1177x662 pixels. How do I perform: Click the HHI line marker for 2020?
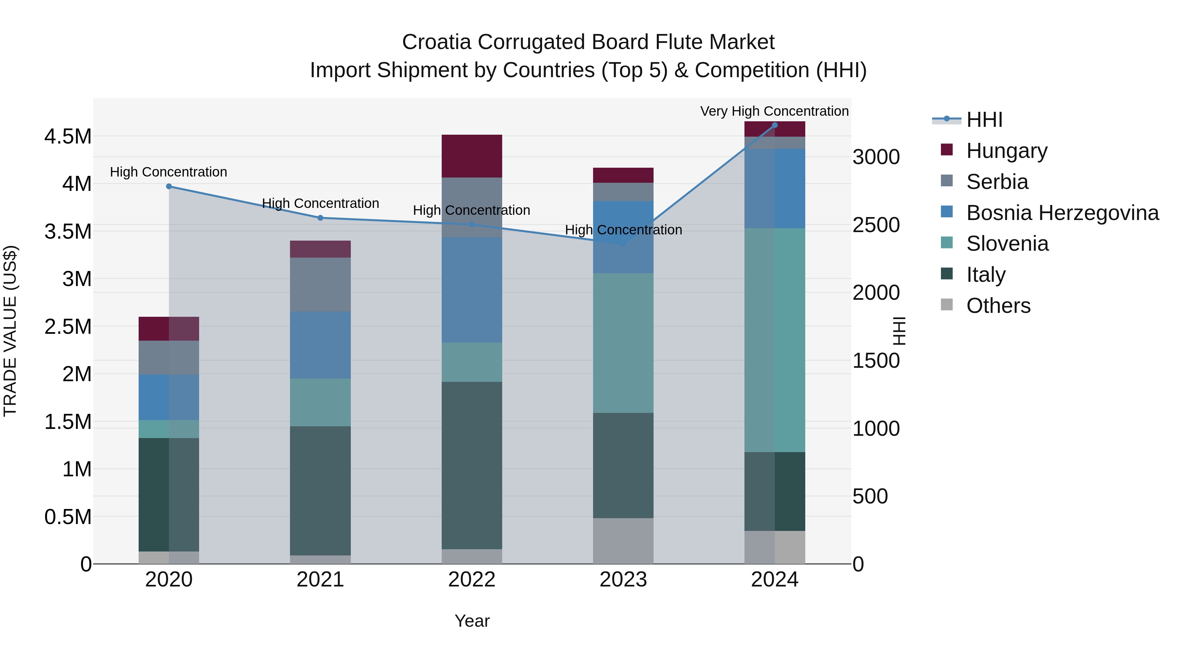[169, 186]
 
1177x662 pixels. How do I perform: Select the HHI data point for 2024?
[775, 125]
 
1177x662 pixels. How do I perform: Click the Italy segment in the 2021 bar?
[320, 491]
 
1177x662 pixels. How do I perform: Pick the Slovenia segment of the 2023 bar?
[623, 343]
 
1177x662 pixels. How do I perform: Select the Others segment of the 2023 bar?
[623, 541]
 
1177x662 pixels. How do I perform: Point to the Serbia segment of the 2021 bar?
[320, 285]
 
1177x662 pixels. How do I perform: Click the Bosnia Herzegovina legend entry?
[1062, 213]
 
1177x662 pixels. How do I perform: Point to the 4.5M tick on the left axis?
[68, 137]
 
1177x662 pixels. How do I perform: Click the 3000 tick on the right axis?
[876, 157]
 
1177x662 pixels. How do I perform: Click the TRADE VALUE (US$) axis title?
[10, 331]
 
